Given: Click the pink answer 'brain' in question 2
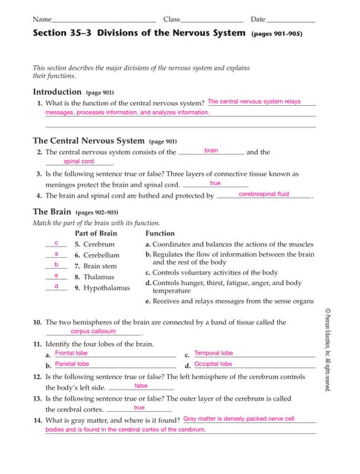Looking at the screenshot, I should pos(211,150).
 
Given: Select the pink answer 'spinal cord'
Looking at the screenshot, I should pos(79,161).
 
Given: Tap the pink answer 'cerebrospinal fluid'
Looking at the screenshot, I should pos(264,194).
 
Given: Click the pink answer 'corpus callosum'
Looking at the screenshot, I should pos(93,331).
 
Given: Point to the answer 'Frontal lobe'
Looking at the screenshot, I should pos(71,353).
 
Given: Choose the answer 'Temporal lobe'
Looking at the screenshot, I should pos(213,353).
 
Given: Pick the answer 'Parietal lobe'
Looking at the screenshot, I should pos(72,364).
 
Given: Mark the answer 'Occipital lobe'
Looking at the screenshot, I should pos(213,364).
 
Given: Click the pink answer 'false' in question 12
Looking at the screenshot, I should pos(141,386).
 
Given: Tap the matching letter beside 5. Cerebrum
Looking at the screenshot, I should pos(56,243).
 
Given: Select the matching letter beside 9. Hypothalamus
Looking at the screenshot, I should pos(56,286).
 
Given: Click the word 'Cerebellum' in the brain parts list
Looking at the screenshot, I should pos(101,255).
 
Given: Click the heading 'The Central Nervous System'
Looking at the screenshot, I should pos(88,140).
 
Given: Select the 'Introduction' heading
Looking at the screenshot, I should pos(57,92).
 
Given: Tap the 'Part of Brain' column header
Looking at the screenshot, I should pos(96,233).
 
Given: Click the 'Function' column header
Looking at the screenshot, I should pos(160,233).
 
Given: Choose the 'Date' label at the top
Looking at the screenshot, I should pos(258,19).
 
